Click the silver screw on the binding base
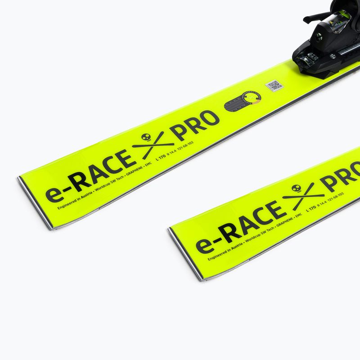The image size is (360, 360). [x=333, y=56]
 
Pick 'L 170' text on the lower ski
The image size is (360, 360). [x=310, y=208]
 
